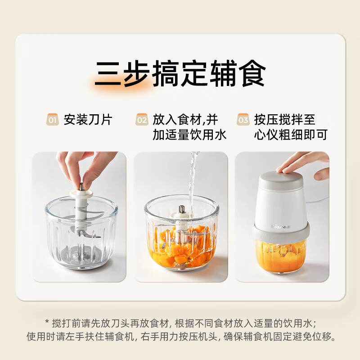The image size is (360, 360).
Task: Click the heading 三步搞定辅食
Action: [x=180, y=73]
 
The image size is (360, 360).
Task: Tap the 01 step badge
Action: [x=53, y=120]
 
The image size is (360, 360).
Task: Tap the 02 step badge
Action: [x=142, y=120]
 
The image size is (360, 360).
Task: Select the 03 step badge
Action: [x=243, y=120]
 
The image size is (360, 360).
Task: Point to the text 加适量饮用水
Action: [x=189, y=135]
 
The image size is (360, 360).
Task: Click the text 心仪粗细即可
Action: [x=290, y=135]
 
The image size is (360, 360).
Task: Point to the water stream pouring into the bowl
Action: [x=193, y=180]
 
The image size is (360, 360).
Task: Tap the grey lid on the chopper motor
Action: [x=282, y=180]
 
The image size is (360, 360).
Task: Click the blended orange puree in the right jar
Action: [x=282, y=254]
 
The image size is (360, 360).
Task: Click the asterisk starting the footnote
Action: [x=47, y=323]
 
